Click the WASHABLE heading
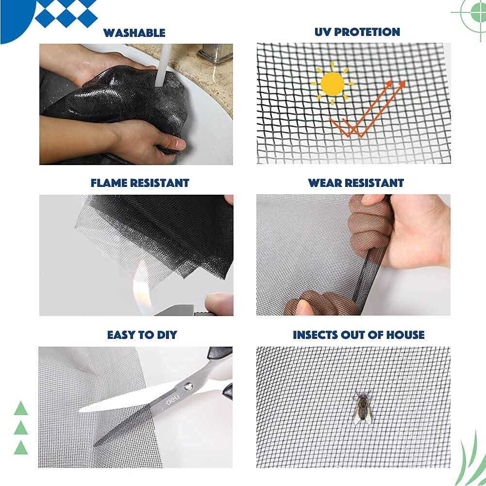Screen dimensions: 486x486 [134, 33]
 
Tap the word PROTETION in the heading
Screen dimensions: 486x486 [369, 32]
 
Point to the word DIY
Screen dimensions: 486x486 [165, 335]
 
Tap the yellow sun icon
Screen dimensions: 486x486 [332, 84]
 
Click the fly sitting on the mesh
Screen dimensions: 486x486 [362, 407]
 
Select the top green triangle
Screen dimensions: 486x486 [21, 409]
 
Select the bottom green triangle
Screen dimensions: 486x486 [21, 448]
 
